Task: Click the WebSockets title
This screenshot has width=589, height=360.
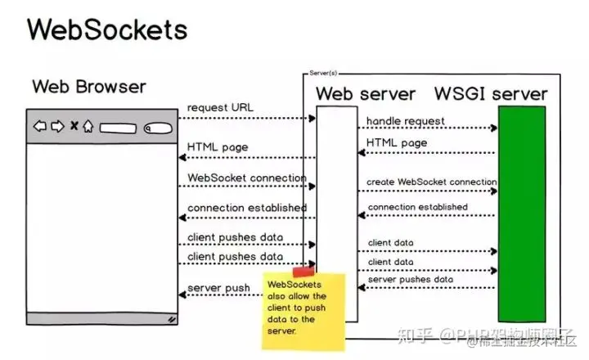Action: pyautogui.click(x=107, y=29)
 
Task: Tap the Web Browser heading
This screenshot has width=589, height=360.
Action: pyautogui.click(x=89, y=87)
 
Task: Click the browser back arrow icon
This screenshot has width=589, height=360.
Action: pyautogui.click(x=39, y=127)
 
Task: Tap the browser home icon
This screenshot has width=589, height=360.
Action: pyautogui.click(x=88, y=127)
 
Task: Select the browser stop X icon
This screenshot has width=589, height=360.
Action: pyautogui.click(x=73, y=127)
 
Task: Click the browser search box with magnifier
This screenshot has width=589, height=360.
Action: pyautogui.click(x=158, y=128)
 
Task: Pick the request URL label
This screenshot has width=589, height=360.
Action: pyautogui.click(x=221, y=108)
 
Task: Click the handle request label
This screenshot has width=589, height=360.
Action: pyautogui.click(x=406, y=121)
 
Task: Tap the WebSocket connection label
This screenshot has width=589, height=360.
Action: pyautogui.click(x=246, y=178)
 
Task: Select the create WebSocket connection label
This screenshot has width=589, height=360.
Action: pyautogui.click(x=432, y=182)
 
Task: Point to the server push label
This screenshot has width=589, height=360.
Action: pyautogui.click(x=218, y=288)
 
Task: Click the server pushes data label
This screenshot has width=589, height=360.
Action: pyautogui.click(x=410, y=280)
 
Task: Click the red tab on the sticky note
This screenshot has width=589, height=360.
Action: pyautogui.click(x=303, y=271)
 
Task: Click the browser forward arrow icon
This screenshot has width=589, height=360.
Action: pyautogui.click(x=56, y=127)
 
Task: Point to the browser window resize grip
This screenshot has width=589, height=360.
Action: pyautogui.click(x=172, y=319)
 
